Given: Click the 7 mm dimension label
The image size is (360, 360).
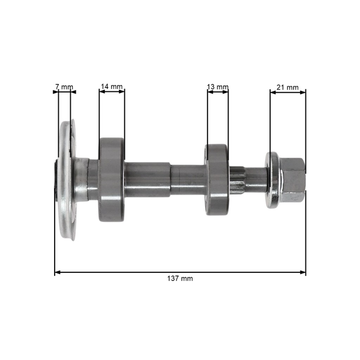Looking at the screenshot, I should click(64, 87).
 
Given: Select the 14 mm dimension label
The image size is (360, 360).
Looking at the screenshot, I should click(112, 87).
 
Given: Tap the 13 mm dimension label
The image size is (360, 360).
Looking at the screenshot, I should click(217, 87).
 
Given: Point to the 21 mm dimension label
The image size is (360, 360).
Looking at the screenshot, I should click(287, 87).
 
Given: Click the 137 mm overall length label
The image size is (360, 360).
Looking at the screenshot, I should click(180, 279).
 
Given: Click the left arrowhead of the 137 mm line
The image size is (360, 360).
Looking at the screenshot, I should click(58, 272).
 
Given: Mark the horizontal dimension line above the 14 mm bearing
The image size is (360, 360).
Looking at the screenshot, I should click(112, 92).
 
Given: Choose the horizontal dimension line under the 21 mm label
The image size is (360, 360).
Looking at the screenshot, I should click(287, 92).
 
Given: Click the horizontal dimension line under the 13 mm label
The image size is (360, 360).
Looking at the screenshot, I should click(217, 92).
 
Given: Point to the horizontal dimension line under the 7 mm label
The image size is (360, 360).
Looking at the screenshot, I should click(64, 92).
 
